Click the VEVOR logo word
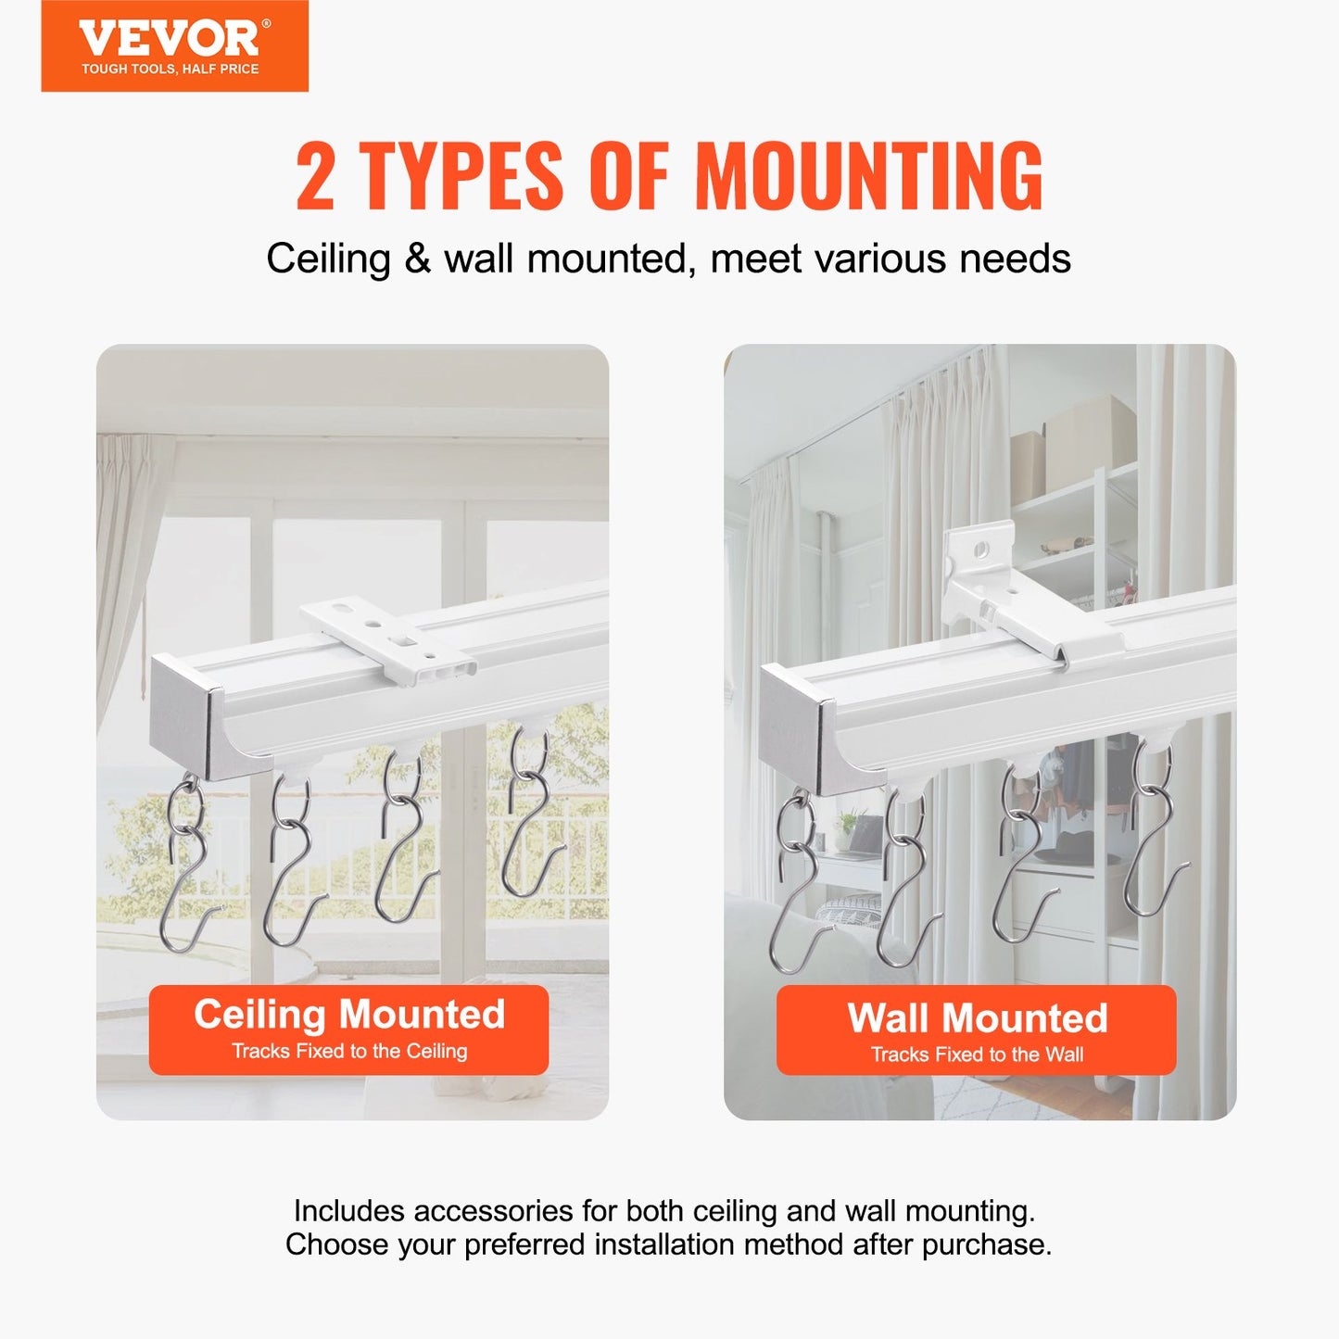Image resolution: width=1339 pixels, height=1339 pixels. point(170,38)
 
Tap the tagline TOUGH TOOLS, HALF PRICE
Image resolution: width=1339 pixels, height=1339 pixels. point(170,69)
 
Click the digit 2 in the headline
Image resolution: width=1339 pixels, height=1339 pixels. point(315,176)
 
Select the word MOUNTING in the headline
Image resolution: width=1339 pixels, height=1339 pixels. point(868,176)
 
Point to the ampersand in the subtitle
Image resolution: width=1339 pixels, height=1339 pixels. point(417,259)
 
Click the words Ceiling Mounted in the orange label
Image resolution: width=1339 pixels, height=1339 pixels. point(349,1015)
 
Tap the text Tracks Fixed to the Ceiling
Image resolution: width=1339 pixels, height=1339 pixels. point(349,1052)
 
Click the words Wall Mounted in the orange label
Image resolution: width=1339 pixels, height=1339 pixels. point(977,1018)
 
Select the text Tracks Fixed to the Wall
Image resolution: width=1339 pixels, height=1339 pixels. point(977,1055)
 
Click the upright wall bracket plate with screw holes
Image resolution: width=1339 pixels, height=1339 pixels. point(979,557)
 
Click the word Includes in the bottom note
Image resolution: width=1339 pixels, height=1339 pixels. point(347,1211)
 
